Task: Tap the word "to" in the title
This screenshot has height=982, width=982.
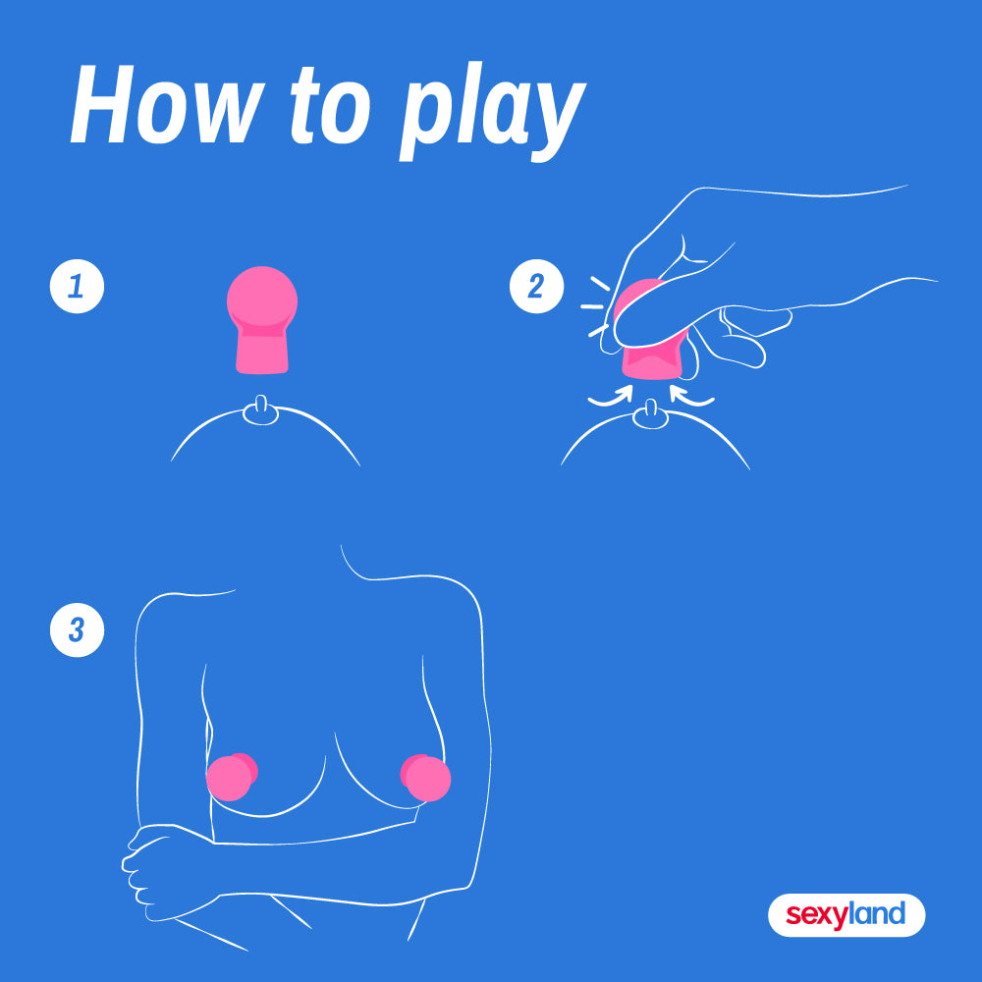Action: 331,105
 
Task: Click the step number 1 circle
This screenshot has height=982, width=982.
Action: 77,286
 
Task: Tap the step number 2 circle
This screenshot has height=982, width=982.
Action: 537,286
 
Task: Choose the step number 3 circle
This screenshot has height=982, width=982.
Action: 77,630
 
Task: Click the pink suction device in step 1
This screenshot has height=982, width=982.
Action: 262,320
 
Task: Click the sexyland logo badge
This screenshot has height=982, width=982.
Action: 846,915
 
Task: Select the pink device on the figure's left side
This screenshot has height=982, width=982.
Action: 231,777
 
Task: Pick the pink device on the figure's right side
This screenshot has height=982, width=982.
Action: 426,777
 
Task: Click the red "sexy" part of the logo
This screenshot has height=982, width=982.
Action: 816,915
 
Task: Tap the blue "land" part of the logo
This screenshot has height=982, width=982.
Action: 876,913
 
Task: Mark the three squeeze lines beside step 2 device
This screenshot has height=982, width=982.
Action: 596,306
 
